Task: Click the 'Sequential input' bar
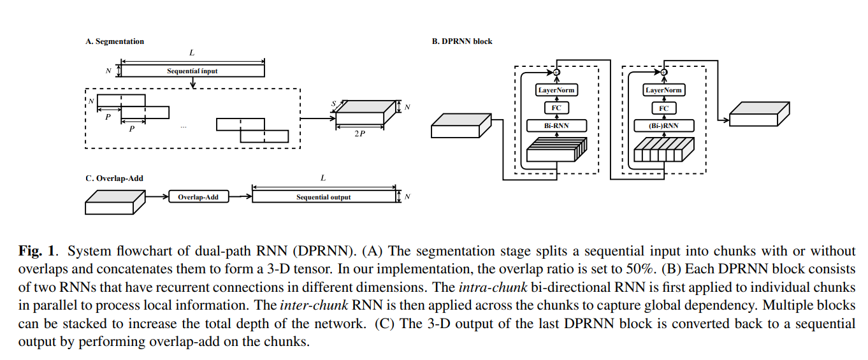[x=192, y=71]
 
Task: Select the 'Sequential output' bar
[x=323, y=197]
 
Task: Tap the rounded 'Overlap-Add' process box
[x=198, y=197]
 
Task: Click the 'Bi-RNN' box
[x=556, y=126]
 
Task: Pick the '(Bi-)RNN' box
[x=663, y=126]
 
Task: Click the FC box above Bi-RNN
[x=556, y=108]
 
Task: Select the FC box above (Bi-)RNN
[x=663, y=108]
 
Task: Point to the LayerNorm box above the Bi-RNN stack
[x=556, y=90]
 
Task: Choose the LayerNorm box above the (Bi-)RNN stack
[x=663, y=90]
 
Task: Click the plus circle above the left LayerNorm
[x=556, y=73]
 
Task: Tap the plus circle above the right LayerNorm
[x=663, y=73]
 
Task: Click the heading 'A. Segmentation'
[x=115, y=41]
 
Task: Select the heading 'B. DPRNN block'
[x=462, y=41]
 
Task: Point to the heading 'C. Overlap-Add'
[x=114, y=178]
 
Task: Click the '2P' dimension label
[x=359, y=135]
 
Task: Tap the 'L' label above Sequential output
[x=324, y=178]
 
